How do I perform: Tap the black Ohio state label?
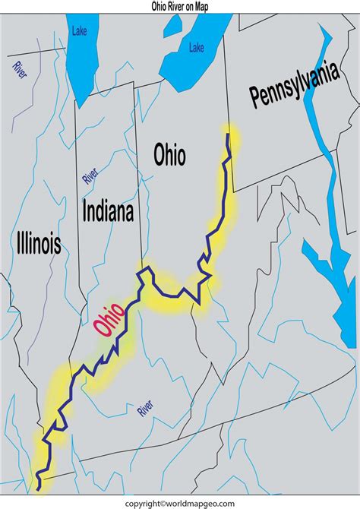click(x=169, y=156)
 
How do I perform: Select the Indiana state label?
click(x=108, y=211)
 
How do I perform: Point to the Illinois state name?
click(x=38, y=243)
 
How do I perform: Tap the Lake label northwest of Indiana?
click(x=80, y=31)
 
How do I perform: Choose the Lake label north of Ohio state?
click(x=196, y=47)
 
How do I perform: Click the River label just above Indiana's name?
click(x=90, y=176)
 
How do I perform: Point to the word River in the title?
click(x=178, y=6)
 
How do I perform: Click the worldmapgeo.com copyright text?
click(x=180, y=503)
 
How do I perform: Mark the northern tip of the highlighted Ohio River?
click(x=229, y=134)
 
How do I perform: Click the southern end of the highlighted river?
click(x=38, y=483)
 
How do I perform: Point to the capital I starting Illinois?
click(x=17, y=243)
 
